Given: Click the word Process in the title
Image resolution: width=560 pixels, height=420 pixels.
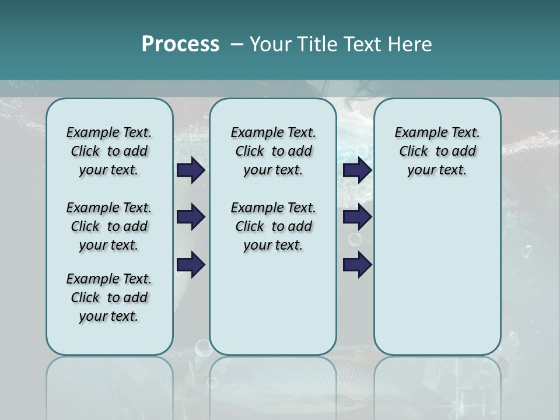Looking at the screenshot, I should click(180, 44).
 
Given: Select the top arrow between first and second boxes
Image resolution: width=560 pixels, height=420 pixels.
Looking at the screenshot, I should click(191, 170).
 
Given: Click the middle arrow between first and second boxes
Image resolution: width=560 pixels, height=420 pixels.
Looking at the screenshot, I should click(191, 217).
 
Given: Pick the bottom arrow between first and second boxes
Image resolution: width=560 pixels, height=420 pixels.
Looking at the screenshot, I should click(191, 264).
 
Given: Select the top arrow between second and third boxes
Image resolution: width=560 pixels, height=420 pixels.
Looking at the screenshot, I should click(358, 170).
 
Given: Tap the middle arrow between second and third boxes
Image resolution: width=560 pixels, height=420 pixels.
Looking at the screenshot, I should click(358, 217).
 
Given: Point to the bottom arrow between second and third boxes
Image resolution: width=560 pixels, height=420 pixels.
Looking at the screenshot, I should click(358, 264).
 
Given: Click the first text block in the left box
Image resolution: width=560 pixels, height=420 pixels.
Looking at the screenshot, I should click(109, 151).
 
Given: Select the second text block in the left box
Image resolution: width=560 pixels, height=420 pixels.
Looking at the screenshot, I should click(109, 226).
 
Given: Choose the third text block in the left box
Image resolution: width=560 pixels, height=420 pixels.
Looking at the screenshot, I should click(109, 297).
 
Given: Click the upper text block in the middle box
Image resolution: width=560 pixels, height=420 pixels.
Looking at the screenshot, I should click(273, 151).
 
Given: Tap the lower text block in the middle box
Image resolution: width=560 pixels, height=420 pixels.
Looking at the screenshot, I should click(273, 226).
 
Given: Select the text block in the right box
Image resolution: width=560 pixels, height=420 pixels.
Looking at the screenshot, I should click(437, 151).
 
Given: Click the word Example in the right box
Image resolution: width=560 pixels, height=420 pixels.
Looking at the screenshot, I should click(416, 133).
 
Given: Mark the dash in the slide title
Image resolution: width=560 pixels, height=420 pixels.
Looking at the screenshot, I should click(237, 44).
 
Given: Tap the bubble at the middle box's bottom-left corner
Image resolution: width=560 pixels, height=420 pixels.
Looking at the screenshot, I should click(203, 348).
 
